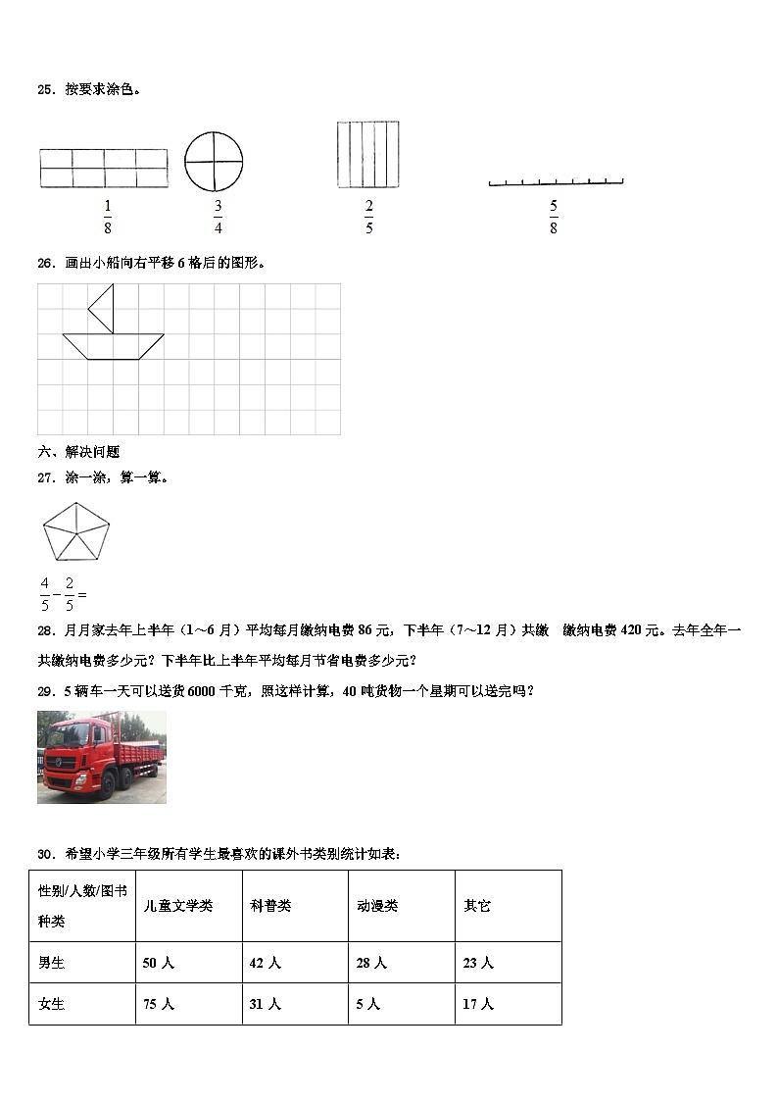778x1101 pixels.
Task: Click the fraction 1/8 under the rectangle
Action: tap(107, 217)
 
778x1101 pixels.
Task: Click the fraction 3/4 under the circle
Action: tap(218, 217)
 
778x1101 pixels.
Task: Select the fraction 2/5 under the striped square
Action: tap(368, 217)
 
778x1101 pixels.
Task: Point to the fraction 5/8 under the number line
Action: tap(554, 217)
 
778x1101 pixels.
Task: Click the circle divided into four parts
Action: tap(214, 160)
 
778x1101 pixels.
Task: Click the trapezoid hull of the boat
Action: tap(113, 345)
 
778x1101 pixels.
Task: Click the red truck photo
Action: tap(102, 757)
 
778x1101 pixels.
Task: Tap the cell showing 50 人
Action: tap(159, 964)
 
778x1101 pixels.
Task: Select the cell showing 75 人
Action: tap(159, 1004)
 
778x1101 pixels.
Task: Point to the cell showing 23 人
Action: tap(478, 964)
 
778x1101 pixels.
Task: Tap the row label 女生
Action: tap(51, 1004)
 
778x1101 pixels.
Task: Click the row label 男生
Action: tap(51, 964)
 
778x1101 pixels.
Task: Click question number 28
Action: tap(45, 631)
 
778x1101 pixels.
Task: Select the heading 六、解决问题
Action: tap(78, 452)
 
